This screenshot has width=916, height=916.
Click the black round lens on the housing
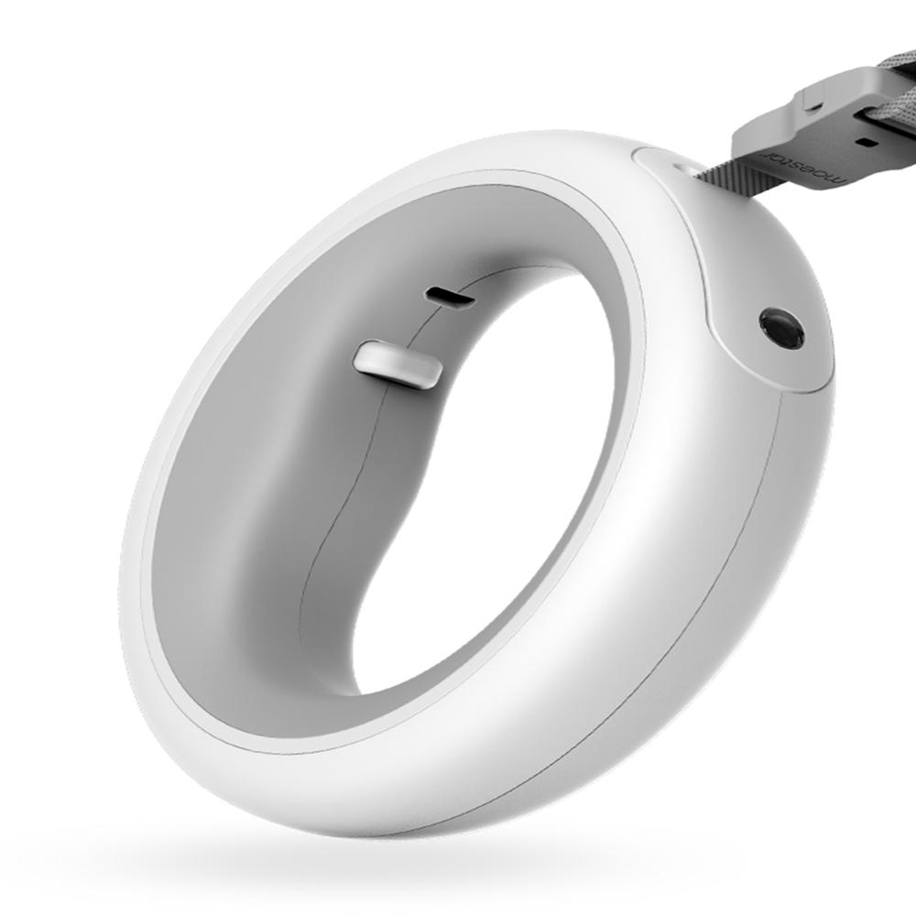(781, 328)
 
